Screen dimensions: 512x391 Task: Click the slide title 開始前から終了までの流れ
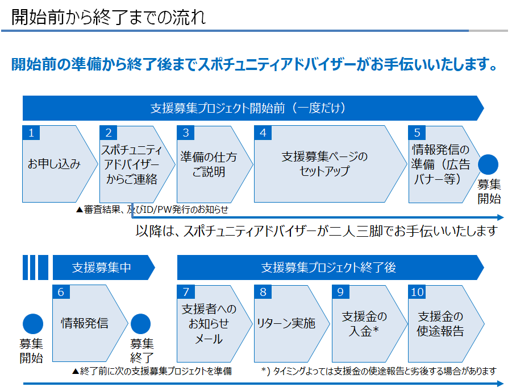coord(109,17)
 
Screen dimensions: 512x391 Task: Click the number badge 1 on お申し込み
coord(31,133)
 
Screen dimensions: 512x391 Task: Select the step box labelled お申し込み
coord(60,164)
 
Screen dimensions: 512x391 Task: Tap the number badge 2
coord(109,133)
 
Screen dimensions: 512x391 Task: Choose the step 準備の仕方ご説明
coord(215,164)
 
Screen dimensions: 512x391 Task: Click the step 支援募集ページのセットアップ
coord(331,164)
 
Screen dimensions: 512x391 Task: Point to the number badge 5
coord(417,133)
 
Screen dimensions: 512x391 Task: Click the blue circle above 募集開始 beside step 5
coord(488,164)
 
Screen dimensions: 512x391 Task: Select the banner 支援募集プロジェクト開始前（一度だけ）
coord(253,108)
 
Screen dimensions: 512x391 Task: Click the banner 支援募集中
coord(104,267)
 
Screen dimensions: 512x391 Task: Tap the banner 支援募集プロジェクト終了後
coord(331,267)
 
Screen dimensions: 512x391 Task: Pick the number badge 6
coord(61,292)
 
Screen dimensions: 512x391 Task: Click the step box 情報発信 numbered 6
coord(90,323)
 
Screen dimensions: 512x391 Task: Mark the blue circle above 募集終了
coord(141,324)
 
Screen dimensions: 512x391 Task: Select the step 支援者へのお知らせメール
coord(215,324)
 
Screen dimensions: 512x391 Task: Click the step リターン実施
coord(292,324)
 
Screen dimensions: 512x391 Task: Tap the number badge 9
coord(340,292)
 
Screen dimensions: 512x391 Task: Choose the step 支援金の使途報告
coord(446,324)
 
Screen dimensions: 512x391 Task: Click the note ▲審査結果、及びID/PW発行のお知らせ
coord(152,209)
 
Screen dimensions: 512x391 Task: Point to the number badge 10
coord(417,292)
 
